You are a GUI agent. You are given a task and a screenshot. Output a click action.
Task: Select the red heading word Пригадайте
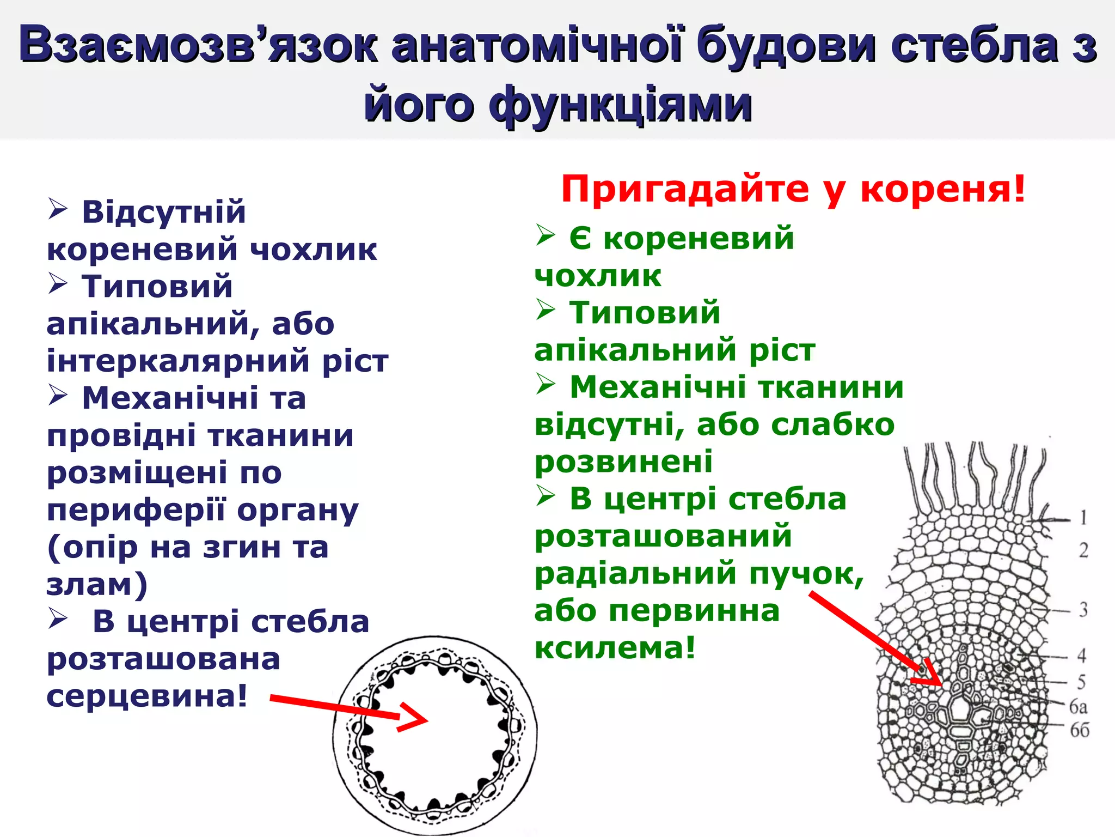tap(685, 189)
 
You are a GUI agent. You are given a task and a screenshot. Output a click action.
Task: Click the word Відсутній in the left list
tap(164, 212)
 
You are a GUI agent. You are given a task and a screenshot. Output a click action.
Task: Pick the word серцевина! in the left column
tap(147, 696)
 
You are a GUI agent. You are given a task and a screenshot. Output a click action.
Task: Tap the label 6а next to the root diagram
tap(1078, 707)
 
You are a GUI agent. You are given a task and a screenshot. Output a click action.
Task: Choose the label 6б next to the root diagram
tap(1080, 730)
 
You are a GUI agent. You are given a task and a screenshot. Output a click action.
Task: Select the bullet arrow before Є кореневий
tap(546, 235)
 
